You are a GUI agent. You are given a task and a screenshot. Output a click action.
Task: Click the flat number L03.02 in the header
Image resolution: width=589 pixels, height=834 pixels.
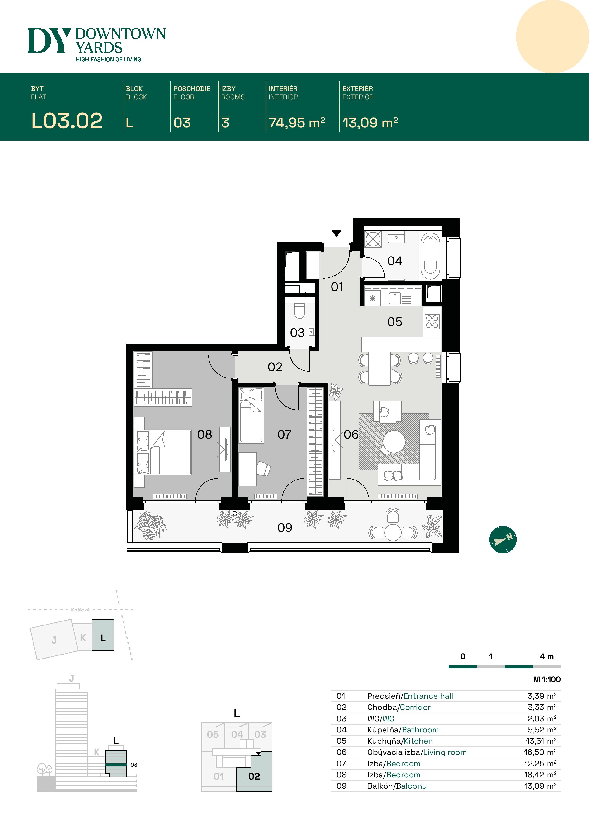(x=67, y=121)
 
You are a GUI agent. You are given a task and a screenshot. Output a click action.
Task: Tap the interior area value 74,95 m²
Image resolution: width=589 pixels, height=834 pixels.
(x=296, y=123)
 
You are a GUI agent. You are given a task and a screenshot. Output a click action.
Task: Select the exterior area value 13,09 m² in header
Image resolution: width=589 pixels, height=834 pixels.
(x=370, y=123)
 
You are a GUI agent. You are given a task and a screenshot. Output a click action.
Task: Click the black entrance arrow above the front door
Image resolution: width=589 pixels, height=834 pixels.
(x=336, y=233)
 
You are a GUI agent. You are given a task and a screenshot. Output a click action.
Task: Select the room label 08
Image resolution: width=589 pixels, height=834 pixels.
(x=204, y=434)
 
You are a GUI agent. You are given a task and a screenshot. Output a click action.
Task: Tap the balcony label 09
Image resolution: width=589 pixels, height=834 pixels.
(x=285, y=527)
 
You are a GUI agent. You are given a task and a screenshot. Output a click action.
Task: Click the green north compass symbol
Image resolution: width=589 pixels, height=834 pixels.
(x=503, y=540)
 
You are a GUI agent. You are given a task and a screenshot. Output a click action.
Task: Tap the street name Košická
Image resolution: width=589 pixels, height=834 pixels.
(x=80, y=610)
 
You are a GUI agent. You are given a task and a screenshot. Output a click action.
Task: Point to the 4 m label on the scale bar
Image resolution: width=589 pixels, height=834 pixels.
(x=546, y=656)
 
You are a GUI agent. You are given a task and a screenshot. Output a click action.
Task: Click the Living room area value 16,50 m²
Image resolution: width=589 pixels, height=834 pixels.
(x=540, y=752)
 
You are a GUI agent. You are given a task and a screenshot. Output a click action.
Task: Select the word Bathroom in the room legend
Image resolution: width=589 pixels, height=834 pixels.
(x=420, y=730)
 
